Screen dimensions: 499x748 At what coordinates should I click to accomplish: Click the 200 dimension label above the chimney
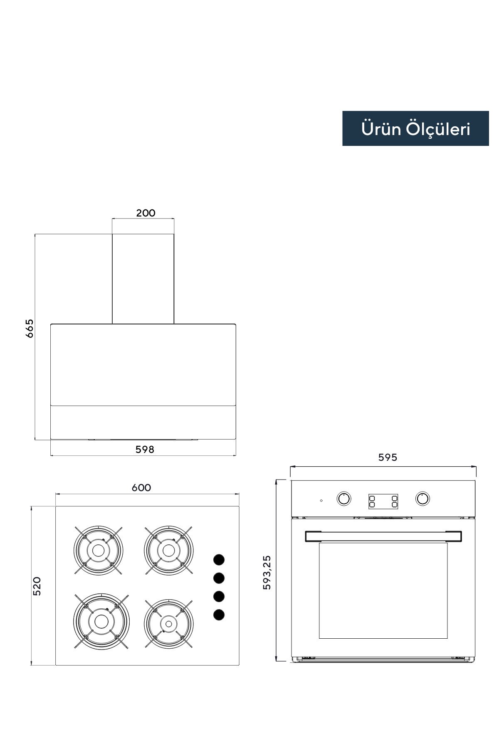point(146,213)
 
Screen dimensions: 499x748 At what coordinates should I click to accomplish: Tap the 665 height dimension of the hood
point(30,328)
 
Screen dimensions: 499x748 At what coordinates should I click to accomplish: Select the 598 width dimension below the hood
point(145,449)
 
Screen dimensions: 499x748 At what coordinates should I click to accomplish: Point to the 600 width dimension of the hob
point(141,487)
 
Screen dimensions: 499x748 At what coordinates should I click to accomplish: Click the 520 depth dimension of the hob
point(37,586)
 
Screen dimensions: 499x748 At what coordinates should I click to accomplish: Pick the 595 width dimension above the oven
point(388,457)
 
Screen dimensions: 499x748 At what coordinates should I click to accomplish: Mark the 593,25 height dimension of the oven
point(267,572)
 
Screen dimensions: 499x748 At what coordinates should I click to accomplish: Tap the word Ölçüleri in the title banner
point(438,128)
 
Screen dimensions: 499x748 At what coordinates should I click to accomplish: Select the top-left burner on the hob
point(98,550)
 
